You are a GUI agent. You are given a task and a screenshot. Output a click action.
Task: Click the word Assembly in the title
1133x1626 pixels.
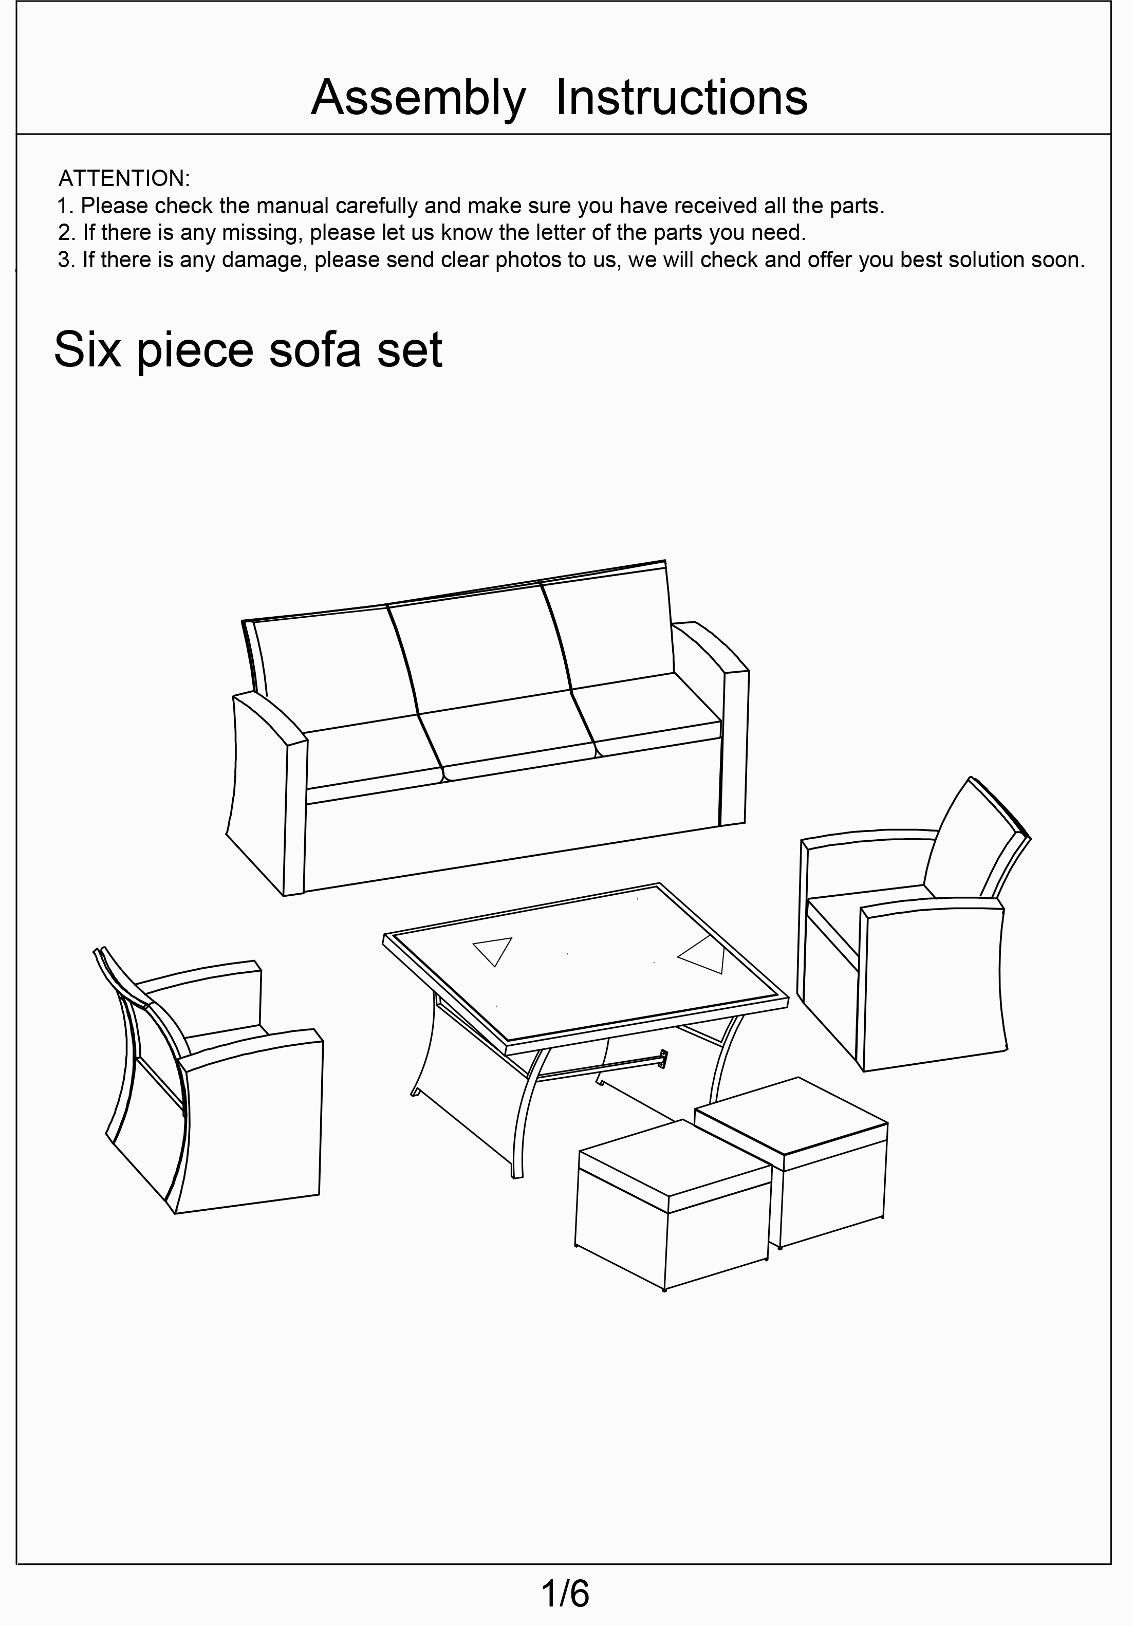click(x=418, y=99)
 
